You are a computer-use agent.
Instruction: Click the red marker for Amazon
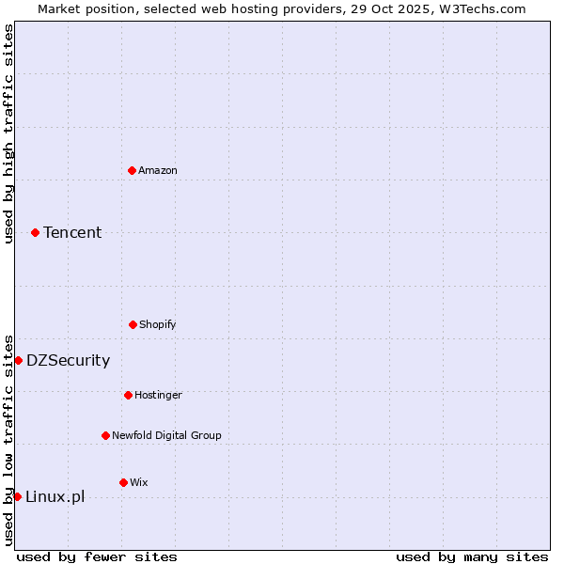[x=132, y=170]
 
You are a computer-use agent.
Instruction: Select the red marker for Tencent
[x=35, y=232]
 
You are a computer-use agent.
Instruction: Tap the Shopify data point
[x=133, y=324]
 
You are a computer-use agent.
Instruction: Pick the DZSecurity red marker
[x=18, y=360]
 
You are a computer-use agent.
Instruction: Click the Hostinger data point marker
[x=128, y=395]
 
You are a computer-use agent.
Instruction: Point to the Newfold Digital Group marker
[x=105, y=435]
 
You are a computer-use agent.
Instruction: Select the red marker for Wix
[x=123, y=482]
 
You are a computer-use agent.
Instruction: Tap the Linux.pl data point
[x=17, y=496]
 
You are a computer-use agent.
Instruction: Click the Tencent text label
[x=72, y=232]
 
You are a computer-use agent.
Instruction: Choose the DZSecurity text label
[x=68, y=360]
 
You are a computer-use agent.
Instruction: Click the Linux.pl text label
[x=55, y=496]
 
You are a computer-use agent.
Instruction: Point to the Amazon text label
[x=158, y=170]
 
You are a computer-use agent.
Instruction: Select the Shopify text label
[x=158, y=324]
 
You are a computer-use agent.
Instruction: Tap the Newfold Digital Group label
[x=166, y=435]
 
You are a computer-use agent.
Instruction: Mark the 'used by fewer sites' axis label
[x=97, y=556]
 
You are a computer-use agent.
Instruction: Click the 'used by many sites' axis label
[x=472, y=556]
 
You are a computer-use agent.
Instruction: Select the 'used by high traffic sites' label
[x=8, y=133]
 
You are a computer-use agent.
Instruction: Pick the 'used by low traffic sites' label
[x=8, y=440]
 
